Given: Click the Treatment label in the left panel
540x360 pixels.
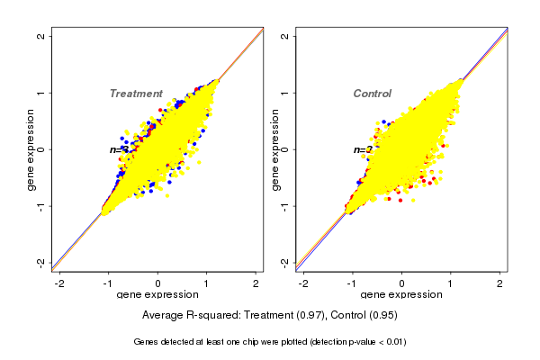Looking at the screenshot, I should click(x=136, y=94).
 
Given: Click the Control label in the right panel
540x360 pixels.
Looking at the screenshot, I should click(x=372, y=94).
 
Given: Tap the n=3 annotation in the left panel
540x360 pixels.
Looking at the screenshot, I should click(x=119, y=149).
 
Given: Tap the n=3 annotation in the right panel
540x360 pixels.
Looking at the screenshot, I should click(x=363, y=149).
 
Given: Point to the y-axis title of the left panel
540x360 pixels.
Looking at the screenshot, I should click(x=31, y=149).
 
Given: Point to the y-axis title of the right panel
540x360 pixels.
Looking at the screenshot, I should click(x=275, y=149).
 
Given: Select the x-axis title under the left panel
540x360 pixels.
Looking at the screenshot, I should click(x=157, y=295).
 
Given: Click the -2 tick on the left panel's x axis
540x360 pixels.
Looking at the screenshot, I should click(x=59, y=283).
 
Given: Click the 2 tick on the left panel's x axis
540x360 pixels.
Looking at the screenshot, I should click(x=256, y=283).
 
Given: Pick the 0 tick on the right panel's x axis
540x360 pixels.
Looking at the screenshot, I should click(x=401, y=283).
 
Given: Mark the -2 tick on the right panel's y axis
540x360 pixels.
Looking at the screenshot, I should click(x=285, y=262).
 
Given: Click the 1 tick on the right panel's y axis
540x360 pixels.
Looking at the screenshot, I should click(x=285, y=93).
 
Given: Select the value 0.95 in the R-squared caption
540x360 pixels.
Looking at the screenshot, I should click(x=382, y=316).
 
